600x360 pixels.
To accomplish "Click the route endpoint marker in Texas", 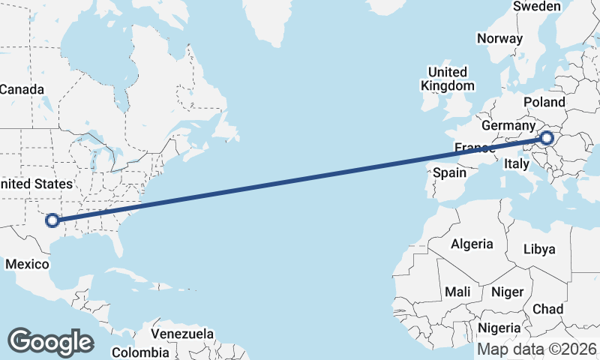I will pyautogui.click(x=52, y=220).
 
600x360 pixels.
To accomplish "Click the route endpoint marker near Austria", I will pyautogui.click(x=547, y=138).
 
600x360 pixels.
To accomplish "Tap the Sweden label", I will pyautogui.click(x=537, y=7).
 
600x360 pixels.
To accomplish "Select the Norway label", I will pyautogui.click(x=499, y=39).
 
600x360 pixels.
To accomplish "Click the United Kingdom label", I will pyautogui.click(x=447, y=79).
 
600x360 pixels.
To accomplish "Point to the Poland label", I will pyautogui.click(x=545, y=102).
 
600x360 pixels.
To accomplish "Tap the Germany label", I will pyautogui.click(x=508, y=125).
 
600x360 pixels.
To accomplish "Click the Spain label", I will pyautogui.click(x=450, y=172).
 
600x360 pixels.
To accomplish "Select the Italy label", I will pyautogui.click(x=517, y=163).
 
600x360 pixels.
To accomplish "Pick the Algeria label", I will pyautogui.click(x=472, y=244).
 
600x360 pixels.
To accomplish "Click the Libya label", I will pyautogui.click(x=540, y=248).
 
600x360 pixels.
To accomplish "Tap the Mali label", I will pyautogui.click(x=457, y=291).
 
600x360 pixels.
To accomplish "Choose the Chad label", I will pyautogui.click(x=547, y=309).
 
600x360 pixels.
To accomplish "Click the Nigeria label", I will pyautogui.click(x=499, y=328).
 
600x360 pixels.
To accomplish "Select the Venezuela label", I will pyautogui.click(x=182, y=334).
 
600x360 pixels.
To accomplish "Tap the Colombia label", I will pyautogui.click(x=140, y=352).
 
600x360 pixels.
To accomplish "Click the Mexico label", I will pyautogui.click(x=27, y=264).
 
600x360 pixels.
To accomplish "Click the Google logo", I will pyautogui.click(x=50, y=342).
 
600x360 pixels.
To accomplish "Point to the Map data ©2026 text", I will pyautogui.click(x=537, y=349).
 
